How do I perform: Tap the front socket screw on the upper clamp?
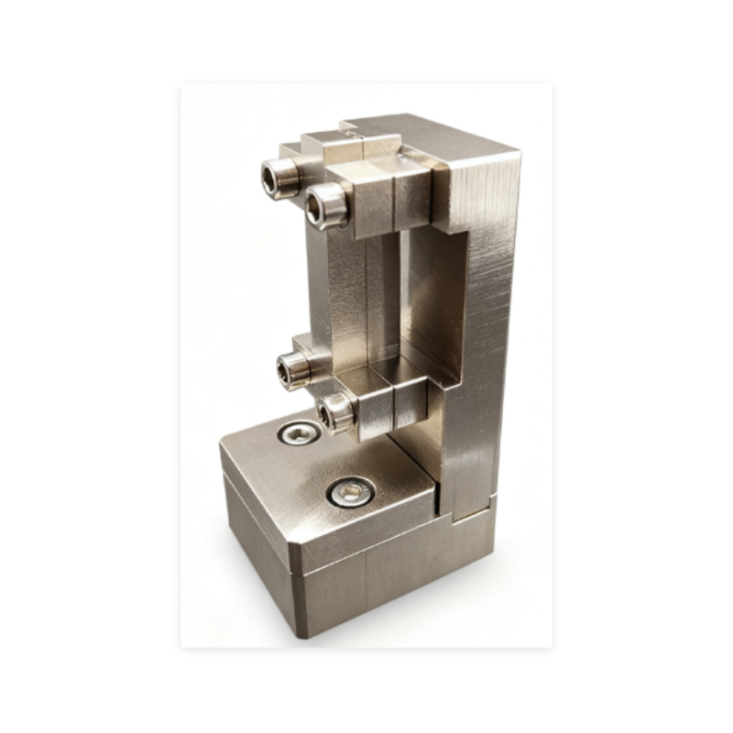(326, 205)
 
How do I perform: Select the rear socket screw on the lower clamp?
(294, 369)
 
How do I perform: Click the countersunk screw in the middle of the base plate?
(349, 494)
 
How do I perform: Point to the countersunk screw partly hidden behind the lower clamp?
(299, 432)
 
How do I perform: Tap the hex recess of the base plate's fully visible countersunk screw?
(349, 494)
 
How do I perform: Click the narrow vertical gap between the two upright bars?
(399, 293)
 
